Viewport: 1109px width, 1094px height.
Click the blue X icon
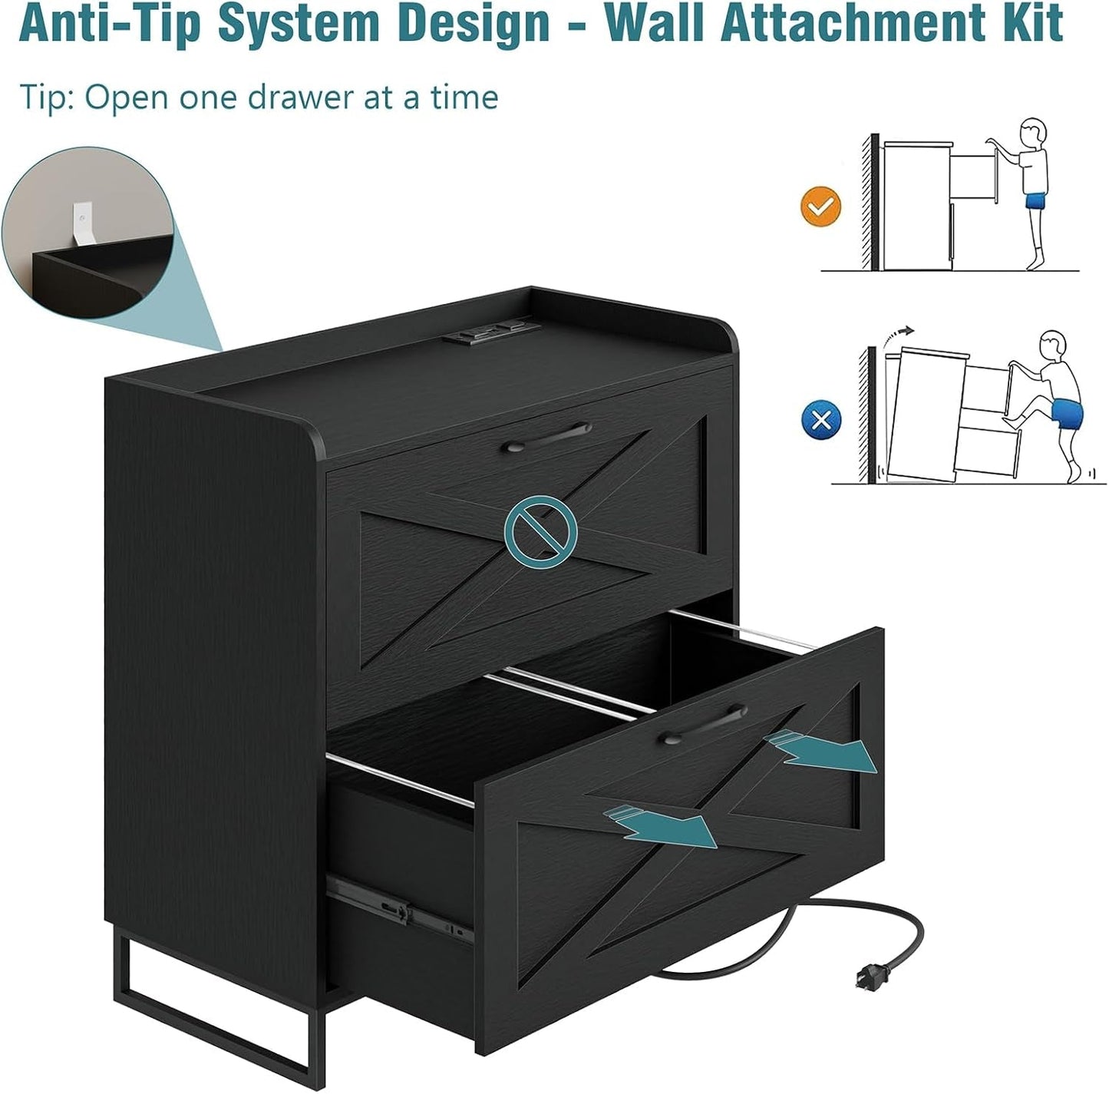(821, 420)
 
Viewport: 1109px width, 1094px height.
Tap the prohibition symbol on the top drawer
(540, 529)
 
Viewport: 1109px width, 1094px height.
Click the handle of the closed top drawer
(546, 436)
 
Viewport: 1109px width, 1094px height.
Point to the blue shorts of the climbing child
(1065, 415)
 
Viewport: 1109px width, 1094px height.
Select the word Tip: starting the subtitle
(47, 98)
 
